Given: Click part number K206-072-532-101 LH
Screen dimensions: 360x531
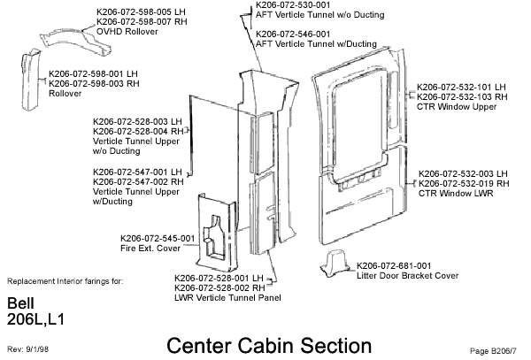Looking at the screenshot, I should click(460, 87).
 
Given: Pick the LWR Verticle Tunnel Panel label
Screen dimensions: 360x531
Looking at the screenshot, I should click(227, 297).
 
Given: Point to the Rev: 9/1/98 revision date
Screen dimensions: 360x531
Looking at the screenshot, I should click(28, 349).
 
